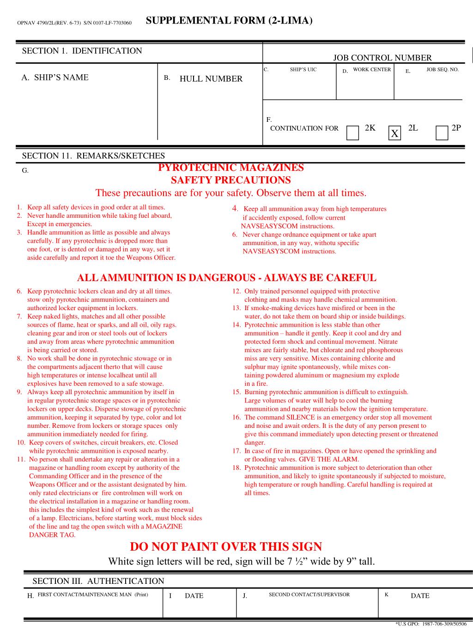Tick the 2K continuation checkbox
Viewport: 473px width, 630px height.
[352, 133]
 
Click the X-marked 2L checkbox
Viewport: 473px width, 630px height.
[394, 133]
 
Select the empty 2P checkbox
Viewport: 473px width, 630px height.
[442, 133]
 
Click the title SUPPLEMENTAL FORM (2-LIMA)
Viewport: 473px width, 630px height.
[229, 20]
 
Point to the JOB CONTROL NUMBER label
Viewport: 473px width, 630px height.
[382, 58]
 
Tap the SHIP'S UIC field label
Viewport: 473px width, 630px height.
[303, 70]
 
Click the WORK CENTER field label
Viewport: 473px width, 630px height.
[372, 70]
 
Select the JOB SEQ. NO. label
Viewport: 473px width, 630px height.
[442, 70]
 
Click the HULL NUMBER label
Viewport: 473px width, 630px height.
[211, 79]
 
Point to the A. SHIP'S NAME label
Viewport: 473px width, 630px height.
[55, 78]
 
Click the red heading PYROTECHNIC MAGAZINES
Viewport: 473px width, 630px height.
[231, 168]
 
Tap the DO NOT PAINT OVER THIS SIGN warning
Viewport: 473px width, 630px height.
[226, 547]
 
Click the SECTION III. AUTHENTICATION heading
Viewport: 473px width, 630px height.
[98, 581]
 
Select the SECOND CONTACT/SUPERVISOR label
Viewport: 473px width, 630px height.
[309, 594]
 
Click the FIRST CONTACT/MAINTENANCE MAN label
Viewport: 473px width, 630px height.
[92, 594]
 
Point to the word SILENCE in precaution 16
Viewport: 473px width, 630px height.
[300, 417]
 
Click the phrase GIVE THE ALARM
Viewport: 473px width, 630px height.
[329, 459]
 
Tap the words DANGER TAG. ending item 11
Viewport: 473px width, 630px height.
[52, 535]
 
